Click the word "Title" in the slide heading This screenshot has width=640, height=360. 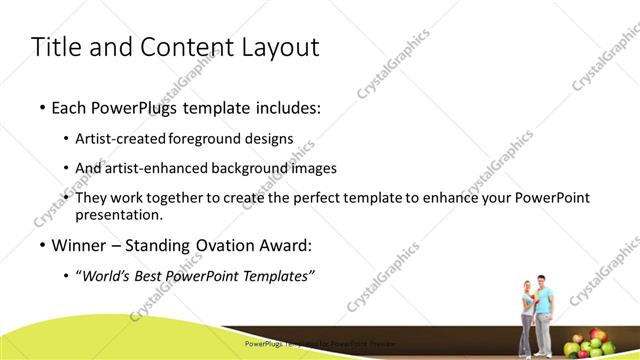pyautogui.click(x=59, y=47)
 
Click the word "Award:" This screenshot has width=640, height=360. pyautogui.click(x=287, y=244)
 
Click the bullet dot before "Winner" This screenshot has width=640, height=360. pyautogui.click(x=41, y=245)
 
